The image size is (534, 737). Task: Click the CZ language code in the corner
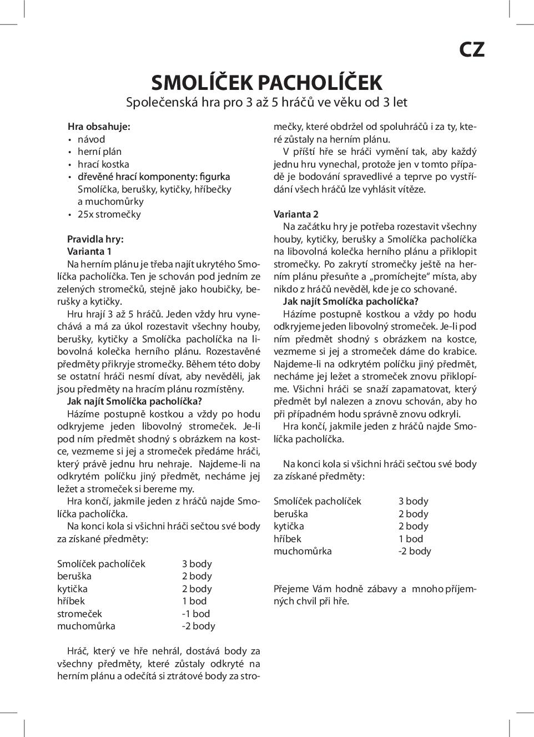(472, 50)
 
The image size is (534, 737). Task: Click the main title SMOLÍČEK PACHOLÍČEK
(266, 83)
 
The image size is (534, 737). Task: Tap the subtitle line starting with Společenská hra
(266, 103)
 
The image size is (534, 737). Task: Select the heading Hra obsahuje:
(99, 127)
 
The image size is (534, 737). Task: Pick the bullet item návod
(91, 139)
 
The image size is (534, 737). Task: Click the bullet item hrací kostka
(103, 164)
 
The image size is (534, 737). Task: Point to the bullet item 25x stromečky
(109, 214)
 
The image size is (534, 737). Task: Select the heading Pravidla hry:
(95, 239)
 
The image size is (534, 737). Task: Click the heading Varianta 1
(89, 251)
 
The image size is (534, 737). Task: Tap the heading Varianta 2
(296, 214)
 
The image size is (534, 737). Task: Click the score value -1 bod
(196, 614)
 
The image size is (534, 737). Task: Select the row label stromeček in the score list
(79, 614)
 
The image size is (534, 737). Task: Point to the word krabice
(460, 351)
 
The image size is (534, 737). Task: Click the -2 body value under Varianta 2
(415, 551)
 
